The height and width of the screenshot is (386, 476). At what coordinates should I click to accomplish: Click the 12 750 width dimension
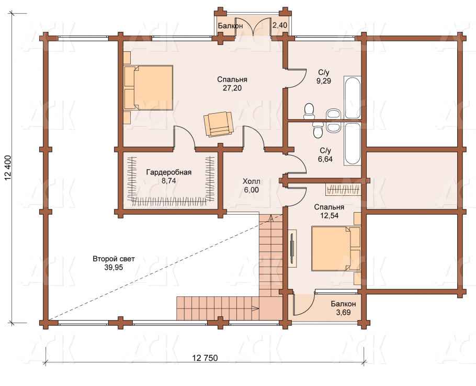coord(205,358)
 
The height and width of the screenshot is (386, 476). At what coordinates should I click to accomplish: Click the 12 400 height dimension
coord(8,168)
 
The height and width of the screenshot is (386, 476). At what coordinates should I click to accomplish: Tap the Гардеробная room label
coord(169,172)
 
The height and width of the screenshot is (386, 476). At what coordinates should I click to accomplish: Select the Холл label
coord(252,181)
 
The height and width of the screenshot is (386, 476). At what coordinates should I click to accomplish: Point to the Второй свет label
coord(114,259)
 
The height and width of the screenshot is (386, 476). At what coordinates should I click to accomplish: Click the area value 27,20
coord(232,88)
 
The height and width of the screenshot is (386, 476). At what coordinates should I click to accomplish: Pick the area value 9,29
coord(324,81)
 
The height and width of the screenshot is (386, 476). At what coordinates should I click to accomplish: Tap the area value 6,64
coord(325,159)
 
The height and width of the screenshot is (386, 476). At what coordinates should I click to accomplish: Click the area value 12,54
coord(329,215)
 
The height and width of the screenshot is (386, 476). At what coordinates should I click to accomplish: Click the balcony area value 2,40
coord(279,25)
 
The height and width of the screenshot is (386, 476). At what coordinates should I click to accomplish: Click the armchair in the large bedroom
coord(219,124)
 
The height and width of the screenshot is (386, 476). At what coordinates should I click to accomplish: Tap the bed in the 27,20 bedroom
coord(149,87)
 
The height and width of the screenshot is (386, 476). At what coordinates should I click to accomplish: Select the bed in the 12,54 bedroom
coord(336,248)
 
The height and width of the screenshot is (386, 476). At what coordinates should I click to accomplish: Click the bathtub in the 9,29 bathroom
coord(352,97)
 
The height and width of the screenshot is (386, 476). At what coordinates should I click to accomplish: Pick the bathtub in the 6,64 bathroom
coord(352,144)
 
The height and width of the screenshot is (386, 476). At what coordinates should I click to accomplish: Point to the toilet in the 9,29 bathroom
coord(309,111)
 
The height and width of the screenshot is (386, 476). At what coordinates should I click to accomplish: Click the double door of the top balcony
coord(258,27)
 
